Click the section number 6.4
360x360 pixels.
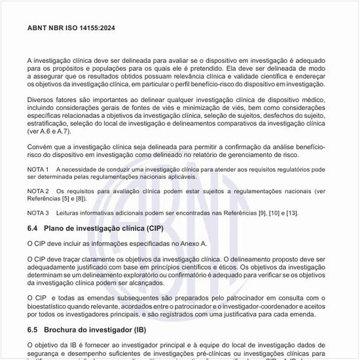pos(33,228)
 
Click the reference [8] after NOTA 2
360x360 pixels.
pos(81,199)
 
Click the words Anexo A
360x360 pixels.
pos(193,243)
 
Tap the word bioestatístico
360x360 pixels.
pos(49,306)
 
